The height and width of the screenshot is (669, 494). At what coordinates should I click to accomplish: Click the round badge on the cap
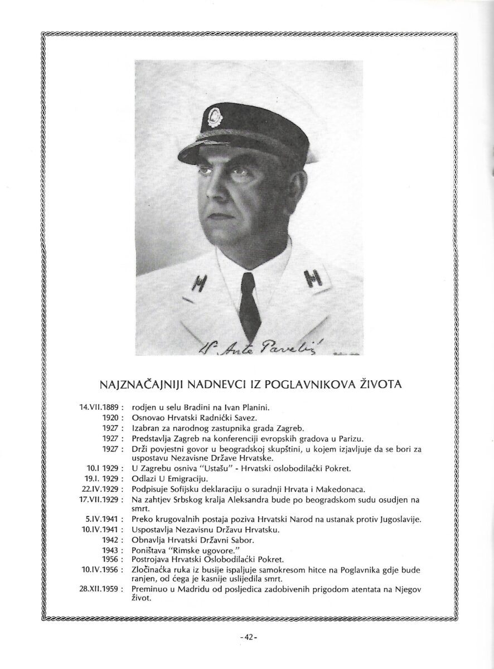point(214,118)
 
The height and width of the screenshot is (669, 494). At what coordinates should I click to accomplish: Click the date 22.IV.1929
point(101,488)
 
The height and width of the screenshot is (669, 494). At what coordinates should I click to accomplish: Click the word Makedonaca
point(341,488)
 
